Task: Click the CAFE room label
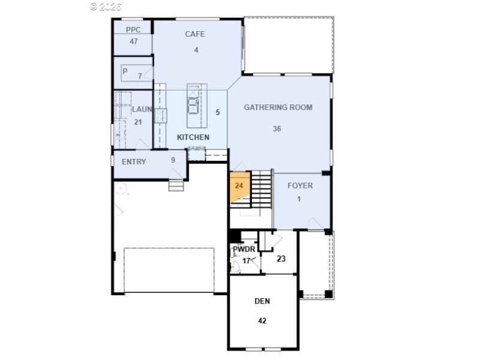point(195,34)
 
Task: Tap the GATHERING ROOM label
point(278,107)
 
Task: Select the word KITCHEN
point(193,137)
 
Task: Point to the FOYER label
point(300,185)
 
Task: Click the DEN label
point(262,301)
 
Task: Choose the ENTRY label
point(134,162)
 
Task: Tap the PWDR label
point(245,249)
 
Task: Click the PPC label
point(133,29)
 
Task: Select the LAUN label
point(142,109)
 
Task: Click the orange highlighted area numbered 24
point(238,187)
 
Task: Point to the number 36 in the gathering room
point(277,128)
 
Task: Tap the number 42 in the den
point(262,320)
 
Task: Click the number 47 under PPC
point(133,41)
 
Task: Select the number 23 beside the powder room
point(281,259)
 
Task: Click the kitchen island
point(194,106)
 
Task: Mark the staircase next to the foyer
point(261,188)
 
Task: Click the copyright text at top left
point(106,7)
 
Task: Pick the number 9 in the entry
point(173,160)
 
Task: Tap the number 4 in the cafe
point(196,50)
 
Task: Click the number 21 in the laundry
point(138,122)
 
